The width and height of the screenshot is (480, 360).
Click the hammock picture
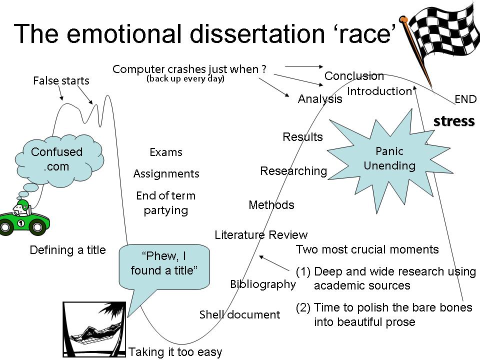coord(93,330)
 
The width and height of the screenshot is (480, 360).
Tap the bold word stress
coord(453,121)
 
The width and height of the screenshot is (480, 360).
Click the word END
coord(465,99)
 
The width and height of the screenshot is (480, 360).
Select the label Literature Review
coord(261,234)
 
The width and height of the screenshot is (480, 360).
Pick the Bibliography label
coord(263,284)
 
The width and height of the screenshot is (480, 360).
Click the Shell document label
coord(239,314)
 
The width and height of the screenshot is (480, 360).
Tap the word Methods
coord(271,205)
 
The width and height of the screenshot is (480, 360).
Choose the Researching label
coord(293,171)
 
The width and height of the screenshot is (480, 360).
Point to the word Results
coord(302,137)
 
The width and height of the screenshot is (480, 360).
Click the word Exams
coord(166,152)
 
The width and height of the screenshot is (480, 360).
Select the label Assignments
coord(166,173)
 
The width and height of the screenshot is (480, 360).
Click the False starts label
coord(61,80)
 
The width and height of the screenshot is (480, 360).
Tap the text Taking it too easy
coord(175,352)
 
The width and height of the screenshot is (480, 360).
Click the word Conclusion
coord(354,76)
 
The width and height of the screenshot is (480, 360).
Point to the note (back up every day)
coord(185,79)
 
